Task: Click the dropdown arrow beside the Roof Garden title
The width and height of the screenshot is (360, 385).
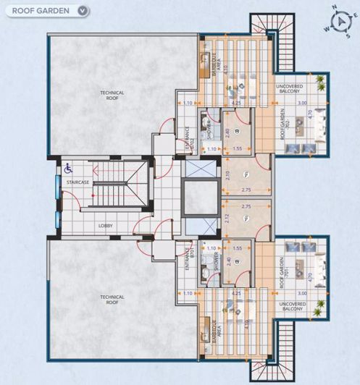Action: tap(83, 11)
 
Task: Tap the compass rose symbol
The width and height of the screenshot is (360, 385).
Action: tap(335, 20)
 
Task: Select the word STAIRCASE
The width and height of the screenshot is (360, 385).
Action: tap(78, 183)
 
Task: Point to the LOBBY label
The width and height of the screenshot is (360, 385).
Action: tap(106, 226)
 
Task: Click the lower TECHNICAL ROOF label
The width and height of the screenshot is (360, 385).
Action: tap(112, 299)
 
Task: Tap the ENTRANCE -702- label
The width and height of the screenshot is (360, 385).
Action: tap(187, 137)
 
